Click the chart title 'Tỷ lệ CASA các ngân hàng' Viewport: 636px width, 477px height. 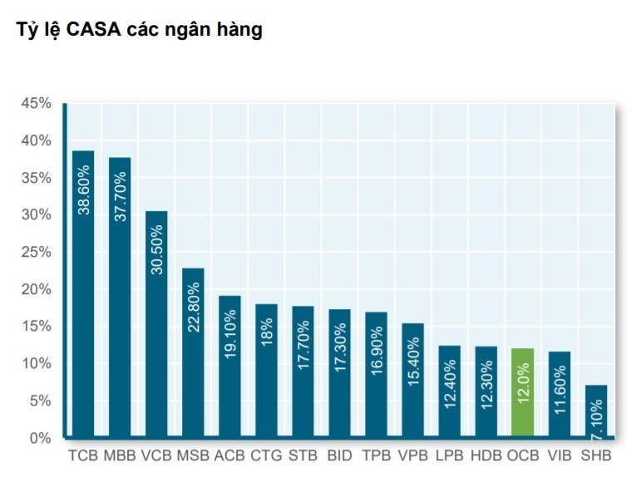[140, 31]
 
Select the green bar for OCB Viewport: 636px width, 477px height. [522, 393]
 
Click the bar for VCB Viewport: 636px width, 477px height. [156, 324]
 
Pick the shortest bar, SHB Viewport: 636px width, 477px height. [595, 411]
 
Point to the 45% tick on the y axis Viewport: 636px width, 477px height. [37, 104]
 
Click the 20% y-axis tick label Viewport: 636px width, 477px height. [37, 289]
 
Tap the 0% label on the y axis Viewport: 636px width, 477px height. [41, 438]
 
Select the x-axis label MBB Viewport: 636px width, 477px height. [120, 456]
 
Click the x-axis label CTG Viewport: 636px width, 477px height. [266, 456]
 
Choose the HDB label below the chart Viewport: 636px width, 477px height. [486, 456]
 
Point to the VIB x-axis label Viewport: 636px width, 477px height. [559, 456]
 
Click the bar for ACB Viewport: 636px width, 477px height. [229, 366]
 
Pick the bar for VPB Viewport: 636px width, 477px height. [412, 381]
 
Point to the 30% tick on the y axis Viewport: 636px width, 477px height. [37, 215]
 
